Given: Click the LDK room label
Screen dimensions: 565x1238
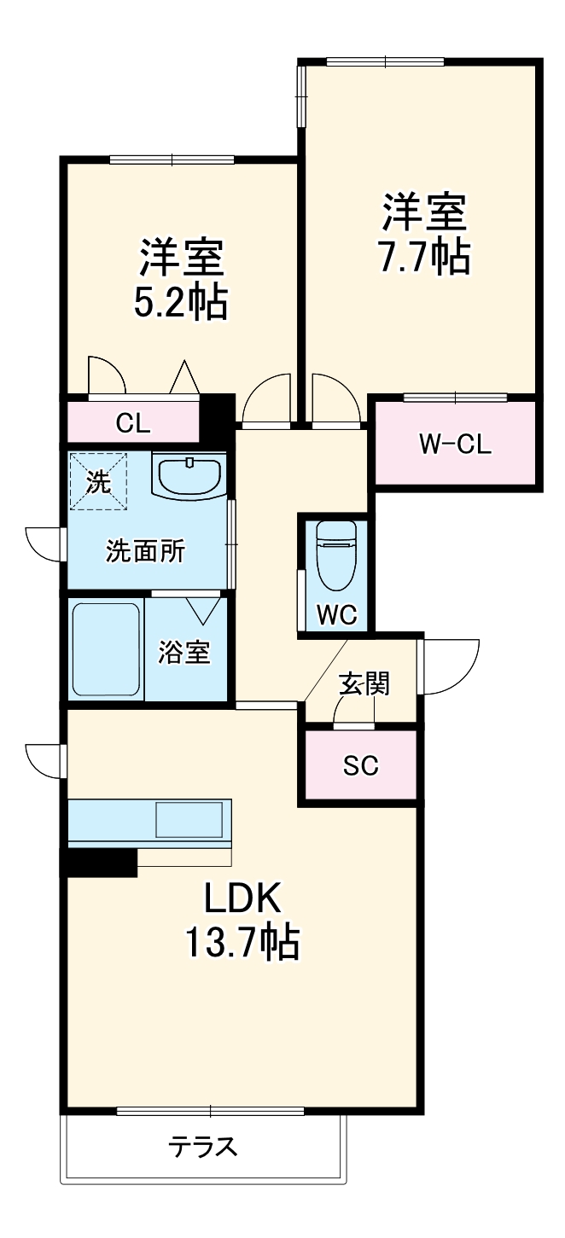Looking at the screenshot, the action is tap(242, 898).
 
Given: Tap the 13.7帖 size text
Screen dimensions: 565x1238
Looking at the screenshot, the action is tap(242, 942).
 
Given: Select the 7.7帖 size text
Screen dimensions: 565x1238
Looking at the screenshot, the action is tap(425, 257).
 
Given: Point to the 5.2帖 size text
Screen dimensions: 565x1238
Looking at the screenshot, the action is tap(181, 301).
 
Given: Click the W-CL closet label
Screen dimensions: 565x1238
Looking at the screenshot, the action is tap(455, 444).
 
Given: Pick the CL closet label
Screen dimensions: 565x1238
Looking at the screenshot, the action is tap(132, 423).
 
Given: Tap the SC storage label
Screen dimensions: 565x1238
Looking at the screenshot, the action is tap(360, 765).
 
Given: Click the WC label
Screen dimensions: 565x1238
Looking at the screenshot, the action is tap(337, 614).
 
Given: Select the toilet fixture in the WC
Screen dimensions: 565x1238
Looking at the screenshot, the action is tap(336, 551).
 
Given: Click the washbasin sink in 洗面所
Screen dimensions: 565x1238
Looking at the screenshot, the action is tap(189, 475).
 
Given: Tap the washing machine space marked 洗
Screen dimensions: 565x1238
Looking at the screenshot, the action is tap(98, 481).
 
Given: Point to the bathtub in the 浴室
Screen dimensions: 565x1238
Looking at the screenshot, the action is tap(106, 650).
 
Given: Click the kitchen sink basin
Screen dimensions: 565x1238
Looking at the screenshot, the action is tap(189, 820).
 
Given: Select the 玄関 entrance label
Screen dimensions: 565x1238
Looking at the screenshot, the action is tap(364, 683).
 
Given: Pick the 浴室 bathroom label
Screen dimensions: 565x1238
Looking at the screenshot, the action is tap(184, 652).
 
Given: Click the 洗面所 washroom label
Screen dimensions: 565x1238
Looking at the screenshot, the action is tap(145, 551).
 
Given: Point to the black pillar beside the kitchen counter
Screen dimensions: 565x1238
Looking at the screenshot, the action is tap(98, 863).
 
